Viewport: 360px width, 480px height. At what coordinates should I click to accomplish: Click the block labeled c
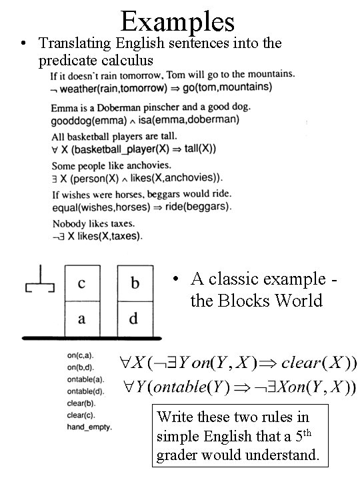pos(81,283)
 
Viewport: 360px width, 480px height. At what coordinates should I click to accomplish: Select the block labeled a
pos(81,319)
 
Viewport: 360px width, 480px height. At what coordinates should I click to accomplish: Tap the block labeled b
pos(135,283)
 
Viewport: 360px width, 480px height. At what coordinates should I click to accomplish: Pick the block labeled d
pos(134,319)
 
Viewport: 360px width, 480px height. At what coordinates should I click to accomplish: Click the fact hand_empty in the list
pos(90,426)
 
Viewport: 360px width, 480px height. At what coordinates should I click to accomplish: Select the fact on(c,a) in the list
pos(80,357)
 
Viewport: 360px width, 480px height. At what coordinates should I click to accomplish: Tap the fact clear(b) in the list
pos(81,403)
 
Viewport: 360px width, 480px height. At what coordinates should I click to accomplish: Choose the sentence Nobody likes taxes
pos(93,223)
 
